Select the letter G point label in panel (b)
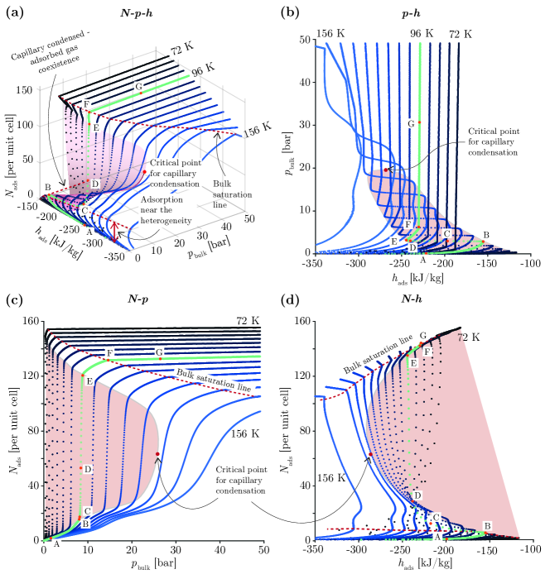(410, 123)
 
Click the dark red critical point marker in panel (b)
(385, 170)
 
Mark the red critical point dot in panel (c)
(157, 454)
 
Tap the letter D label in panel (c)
(88, 469)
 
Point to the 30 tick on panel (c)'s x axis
(174, 550)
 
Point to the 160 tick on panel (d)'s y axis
(296, 322)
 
